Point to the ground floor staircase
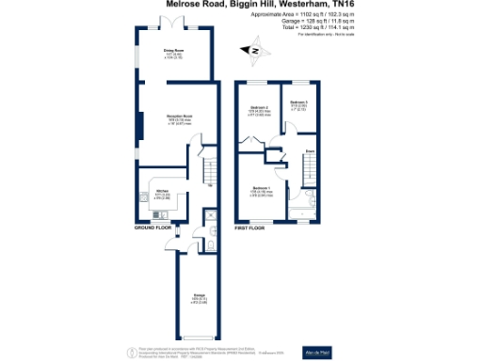(209, 169)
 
